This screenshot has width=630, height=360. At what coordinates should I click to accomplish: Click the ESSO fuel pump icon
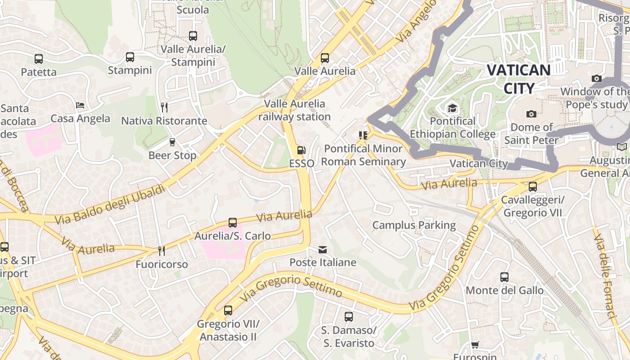click(301, 150)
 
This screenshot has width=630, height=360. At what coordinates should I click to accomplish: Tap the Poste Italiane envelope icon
click(323, 250)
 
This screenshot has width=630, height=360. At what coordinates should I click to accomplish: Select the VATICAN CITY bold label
click(518, 79)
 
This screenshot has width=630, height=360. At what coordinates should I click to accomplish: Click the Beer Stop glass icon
click(172, 142)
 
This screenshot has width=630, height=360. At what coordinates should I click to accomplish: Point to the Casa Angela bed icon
click(80, 105)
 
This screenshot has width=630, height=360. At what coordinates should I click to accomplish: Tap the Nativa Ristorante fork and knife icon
click(164, 107)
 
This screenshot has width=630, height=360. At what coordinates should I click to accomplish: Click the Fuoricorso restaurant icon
click(161, 251)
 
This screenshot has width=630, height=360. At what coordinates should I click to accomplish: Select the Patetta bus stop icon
click(39, 58)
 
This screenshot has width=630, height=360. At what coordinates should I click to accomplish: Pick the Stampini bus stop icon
click(130, 57)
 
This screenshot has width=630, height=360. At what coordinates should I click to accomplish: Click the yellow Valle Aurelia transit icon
click(324, 58)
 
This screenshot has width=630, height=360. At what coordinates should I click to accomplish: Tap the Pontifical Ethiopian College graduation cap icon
click(452, 108)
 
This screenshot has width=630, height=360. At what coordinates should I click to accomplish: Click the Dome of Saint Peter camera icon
click(531, 114)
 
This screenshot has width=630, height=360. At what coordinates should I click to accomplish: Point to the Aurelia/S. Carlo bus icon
click(233, 223)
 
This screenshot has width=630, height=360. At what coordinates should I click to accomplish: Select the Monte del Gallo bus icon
click(504, 277)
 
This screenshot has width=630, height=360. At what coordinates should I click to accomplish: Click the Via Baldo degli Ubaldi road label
click(110, 204)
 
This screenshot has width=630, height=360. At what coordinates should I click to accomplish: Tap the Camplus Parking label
click(414, 225)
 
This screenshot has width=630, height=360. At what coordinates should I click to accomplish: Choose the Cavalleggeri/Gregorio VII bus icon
click(533, 186)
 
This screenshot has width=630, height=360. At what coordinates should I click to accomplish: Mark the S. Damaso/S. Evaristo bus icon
click(348, 317)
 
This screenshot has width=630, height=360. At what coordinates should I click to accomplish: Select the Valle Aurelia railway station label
click(294, 110)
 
